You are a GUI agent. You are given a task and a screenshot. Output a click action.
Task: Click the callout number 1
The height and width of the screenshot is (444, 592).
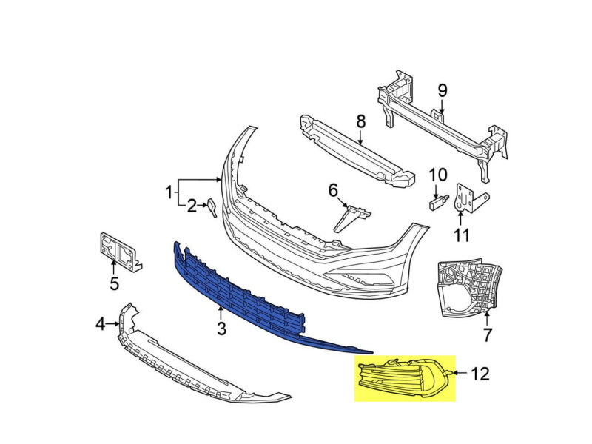pos(169,192)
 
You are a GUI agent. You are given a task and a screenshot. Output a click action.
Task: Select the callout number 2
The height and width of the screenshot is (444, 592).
pos(192,206)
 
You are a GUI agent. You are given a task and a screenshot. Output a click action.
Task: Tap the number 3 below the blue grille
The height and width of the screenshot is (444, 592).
pos(221,329)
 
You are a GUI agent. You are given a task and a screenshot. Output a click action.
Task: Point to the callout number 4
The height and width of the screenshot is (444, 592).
pos(100,324)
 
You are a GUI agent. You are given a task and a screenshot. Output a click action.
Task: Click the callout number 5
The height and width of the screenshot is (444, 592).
pos(114,283)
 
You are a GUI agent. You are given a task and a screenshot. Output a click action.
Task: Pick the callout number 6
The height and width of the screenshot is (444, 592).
pos(333,191)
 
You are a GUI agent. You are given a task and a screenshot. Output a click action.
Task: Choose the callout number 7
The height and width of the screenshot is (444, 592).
pos(488,335)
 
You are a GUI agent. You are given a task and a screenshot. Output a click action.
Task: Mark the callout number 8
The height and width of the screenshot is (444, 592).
pos(361,121)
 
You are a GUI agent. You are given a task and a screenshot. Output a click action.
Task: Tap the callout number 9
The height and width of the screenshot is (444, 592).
pos(443,90)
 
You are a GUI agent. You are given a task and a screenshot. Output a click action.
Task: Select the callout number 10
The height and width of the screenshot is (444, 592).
pos(438,175)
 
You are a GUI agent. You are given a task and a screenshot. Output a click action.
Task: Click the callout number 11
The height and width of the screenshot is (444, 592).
pos(461,235)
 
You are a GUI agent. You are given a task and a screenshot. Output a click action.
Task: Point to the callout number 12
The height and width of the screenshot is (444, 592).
pos(480,374)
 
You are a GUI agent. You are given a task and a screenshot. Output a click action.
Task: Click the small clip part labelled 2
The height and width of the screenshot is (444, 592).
pos(212,208)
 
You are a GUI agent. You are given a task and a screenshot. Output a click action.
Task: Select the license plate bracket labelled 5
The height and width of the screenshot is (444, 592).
pos(119,252)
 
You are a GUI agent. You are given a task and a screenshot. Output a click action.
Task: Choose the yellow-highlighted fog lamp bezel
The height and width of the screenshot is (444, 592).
pos(404,378)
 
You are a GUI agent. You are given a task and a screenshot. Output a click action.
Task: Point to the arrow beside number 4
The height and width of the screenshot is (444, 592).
pos(112,324)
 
